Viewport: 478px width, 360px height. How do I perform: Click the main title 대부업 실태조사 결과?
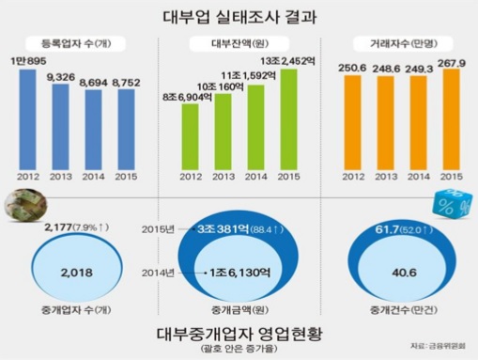(238, 16)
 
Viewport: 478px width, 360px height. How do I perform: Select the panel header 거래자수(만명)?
(397, 43)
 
